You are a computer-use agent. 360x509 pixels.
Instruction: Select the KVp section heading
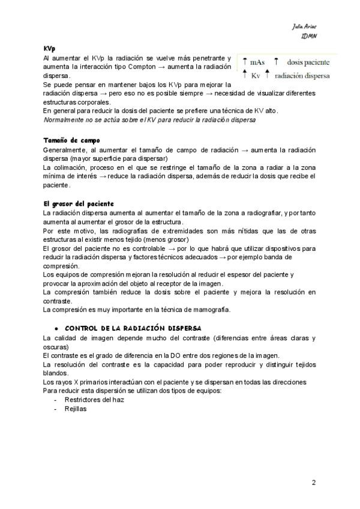coord(50,47)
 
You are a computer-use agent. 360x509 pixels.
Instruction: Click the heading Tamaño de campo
coord(67,140)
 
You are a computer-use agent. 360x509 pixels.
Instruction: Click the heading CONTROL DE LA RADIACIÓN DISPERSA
coord(133,329)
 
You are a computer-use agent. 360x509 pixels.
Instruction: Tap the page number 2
coord(314,482)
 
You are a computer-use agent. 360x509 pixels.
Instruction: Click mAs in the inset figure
coord(258,62)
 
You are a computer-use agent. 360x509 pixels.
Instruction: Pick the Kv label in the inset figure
coord(256,76)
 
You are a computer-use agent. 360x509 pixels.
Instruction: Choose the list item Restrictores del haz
coord(94,399)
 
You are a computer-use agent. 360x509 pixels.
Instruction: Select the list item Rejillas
coord(76,408)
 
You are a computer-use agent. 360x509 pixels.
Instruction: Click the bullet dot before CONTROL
coord(56,329)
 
